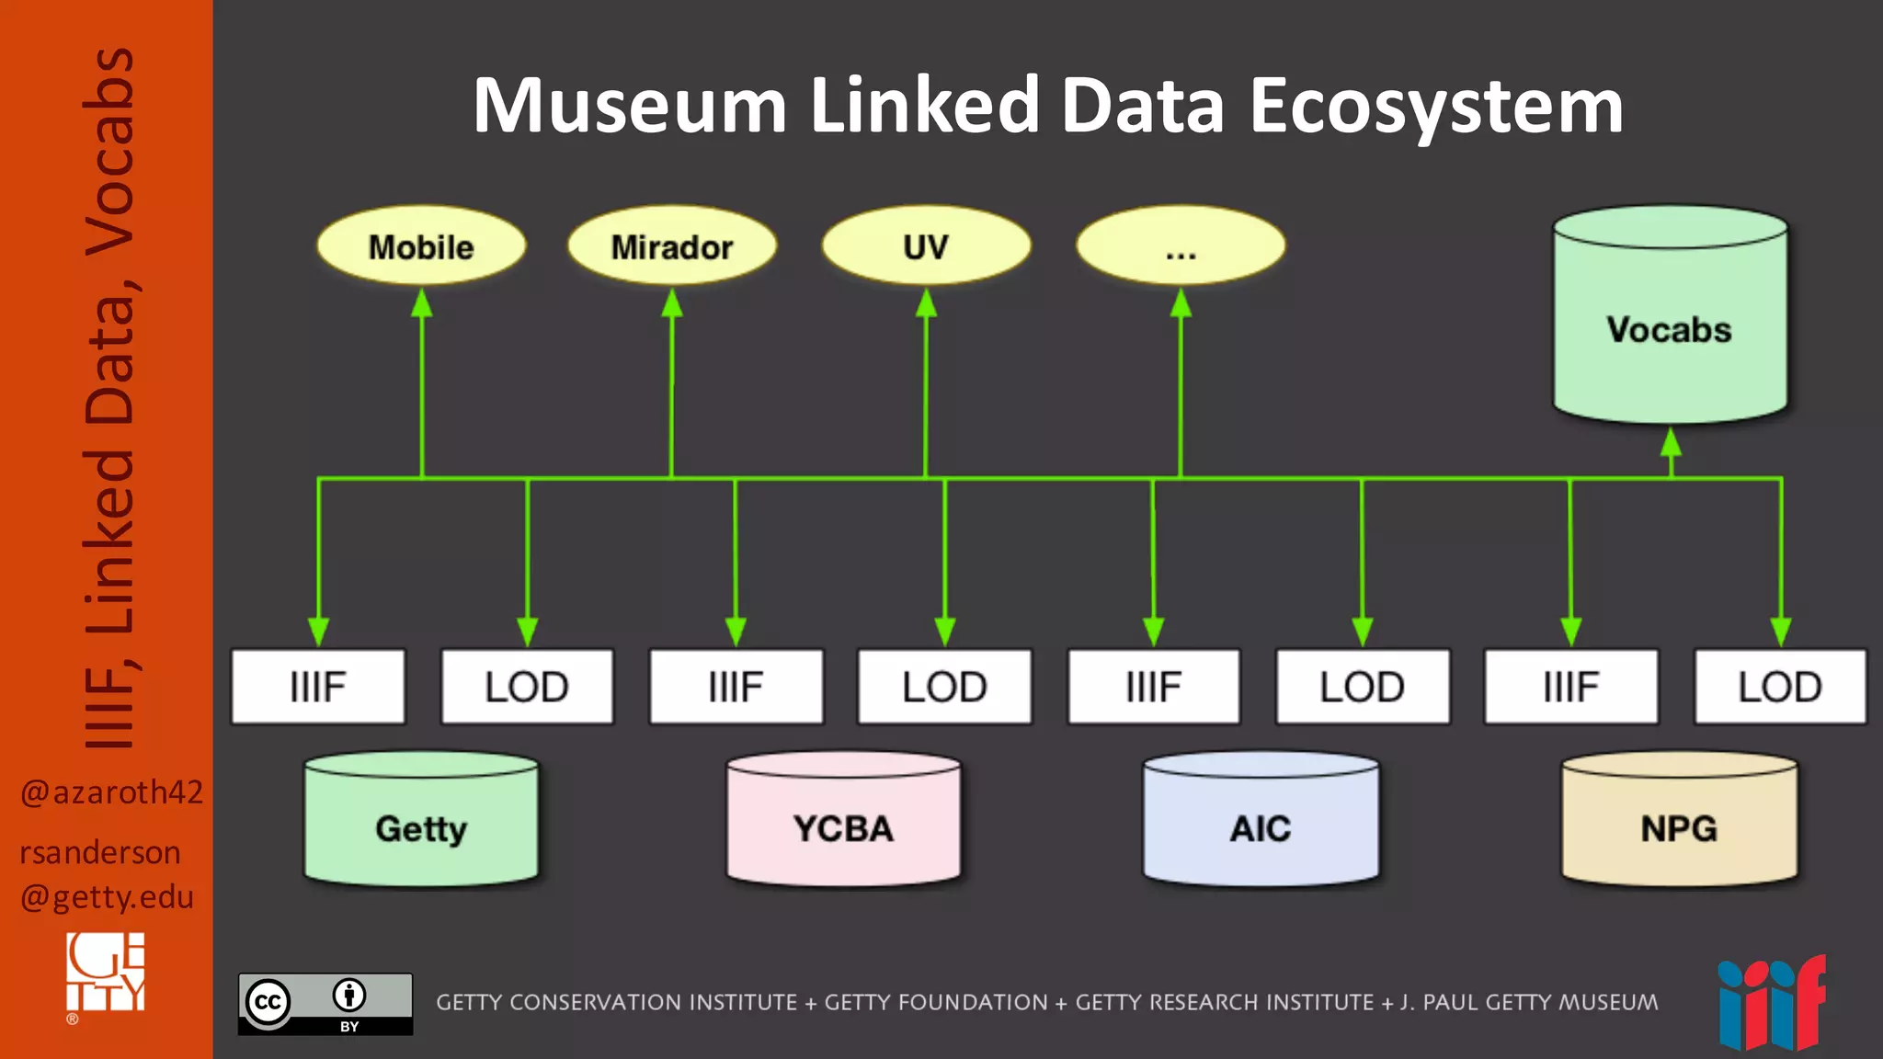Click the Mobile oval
pyautogui.click(x=421, y=246)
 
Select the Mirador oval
pyautogui.click(x=672, y=246)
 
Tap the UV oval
pyautogui.click(x=926, y=246)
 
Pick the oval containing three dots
pyautogui.click(x=1181, y=246)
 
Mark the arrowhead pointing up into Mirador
pyautogui.click(x=672, y=303)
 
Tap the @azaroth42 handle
pyautogui.click(x=111, y=791)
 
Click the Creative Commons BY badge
pyautogui.click(x=325, y=1004)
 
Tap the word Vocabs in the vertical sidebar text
pyautogui.click(x=109, y=152)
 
